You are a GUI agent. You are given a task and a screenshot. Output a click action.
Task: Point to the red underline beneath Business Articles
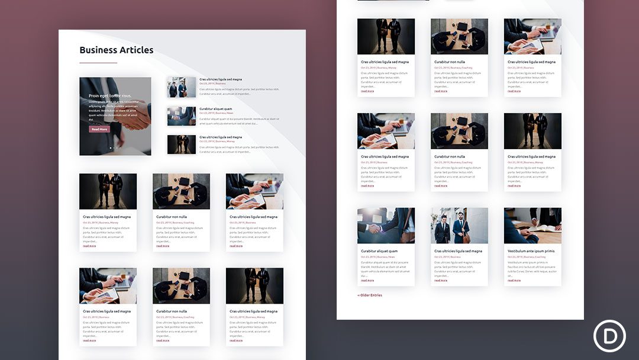tap(98, 62)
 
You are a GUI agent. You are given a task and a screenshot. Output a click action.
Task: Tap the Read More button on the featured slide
tap(99, 129)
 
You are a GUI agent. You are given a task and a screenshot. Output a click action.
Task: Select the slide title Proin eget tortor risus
tap(110, 95)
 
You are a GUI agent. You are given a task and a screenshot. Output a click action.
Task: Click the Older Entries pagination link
tap(370, 295)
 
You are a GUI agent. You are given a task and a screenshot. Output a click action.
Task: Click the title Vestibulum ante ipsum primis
tap(531, 251)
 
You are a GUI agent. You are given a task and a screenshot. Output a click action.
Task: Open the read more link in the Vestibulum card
tap(514, 280)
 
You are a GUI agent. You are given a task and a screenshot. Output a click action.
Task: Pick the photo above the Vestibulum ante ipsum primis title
tap(532, 226)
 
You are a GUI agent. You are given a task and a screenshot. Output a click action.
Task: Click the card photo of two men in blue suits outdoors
tap(459, 226)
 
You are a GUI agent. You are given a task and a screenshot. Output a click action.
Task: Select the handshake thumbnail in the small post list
tap(182, 116)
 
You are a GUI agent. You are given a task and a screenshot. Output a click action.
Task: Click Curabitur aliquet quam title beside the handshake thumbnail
tap(216, 108)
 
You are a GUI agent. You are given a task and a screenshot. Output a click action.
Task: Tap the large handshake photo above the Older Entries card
tap(386, 226)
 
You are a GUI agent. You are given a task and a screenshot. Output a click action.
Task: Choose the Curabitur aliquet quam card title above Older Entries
tap(379, 251)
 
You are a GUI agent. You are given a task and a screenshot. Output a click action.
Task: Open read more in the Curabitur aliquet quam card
tap(367, 280)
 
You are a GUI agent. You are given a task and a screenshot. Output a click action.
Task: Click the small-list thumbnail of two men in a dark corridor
tap(182, 144)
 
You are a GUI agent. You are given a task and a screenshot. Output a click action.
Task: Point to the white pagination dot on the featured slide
tap(111, 148)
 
